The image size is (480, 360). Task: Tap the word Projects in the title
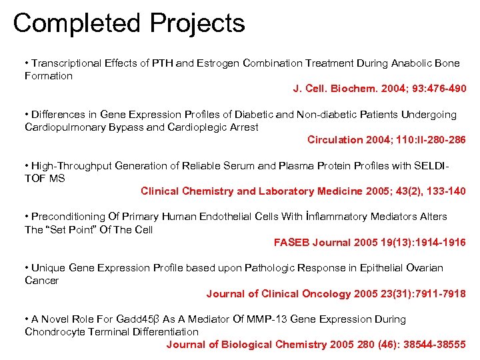coord(197,23)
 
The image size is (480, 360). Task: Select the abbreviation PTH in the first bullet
coord(163,63)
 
